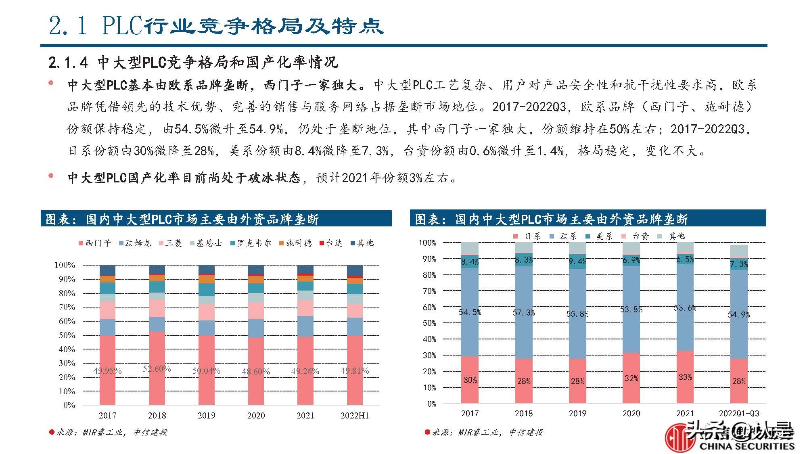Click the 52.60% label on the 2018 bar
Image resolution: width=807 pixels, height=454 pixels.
[x=157, y=369]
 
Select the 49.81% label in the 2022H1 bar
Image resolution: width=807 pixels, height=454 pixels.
[x=355, y=370]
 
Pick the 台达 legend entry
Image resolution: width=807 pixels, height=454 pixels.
[x=331, y=243]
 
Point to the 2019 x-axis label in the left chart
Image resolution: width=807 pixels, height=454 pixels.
[x=206, y=415]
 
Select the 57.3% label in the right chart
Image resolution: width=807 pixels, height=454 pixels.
[x=524, y=312]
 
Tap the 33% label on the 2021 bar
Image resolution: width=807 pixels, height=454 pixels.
[x=685, y=377]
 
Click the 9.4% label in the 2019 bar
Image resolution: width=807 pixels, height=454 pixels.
[x=577, y=262]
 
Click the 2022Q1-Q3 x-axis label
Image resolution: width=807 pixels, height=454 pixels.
[x=739, y=413]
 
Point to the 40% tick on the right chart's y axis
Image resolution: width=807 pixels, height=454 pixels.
[x=429, y=339]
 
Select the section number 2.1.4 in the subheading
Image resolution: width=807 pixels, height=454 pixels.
[x=68, y=63]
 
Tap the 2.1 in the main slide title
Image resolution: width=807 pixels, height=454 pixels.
[x=68, y=26]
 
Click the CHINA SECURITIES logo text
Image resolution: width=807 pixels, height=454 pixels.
[x=746, y=446]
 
